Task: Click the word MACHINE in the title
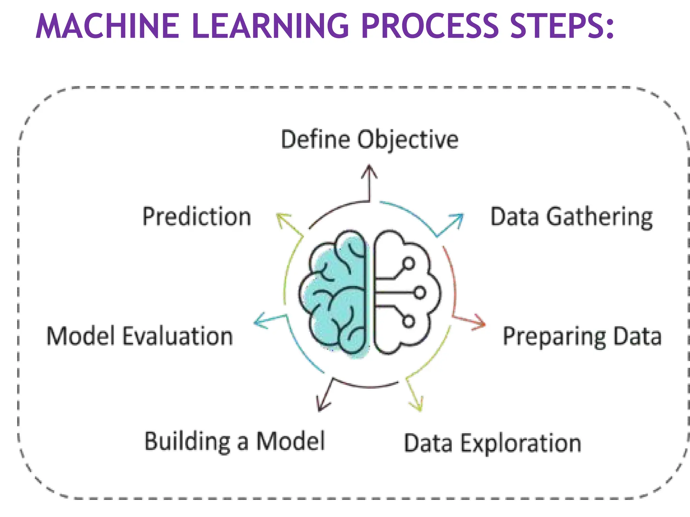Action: point(107,26)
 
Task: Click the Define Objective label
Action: point(370,139)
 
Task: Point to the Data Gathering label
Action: point(571,217)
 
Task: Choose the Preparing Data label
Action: point(582,336)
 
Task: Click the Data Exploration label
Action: point(493,443)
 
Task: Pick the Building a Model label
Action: point(235,441)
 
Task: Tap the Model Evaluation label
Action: point(140,336)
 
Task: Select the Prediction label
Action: point(197,217)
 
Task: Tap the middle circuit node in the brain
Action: point(420,292)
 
